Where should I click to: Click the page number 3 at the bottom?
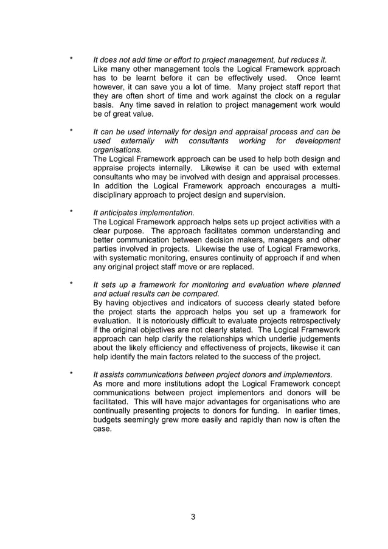click(193, 517)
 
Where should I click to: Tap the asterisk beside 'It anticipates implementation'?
click(72, 212)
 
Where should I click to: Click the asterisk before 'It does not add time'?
click(72, 60)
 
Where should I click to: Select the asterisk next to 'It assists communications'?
click(72, 374)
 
